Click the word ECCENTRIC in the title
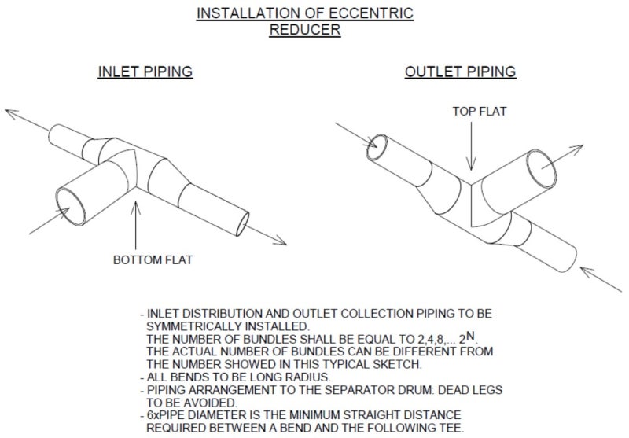pos(370,13)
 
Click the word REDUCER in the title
pos(305,30)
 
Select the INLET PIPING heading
pos(145,72)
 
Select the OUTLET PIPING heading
pos(460,72)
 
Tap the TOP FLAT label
pos(480,112)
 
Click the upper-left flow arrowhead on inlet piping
pos(12,112)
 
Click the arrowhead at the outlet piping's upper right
pos(577,146)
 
